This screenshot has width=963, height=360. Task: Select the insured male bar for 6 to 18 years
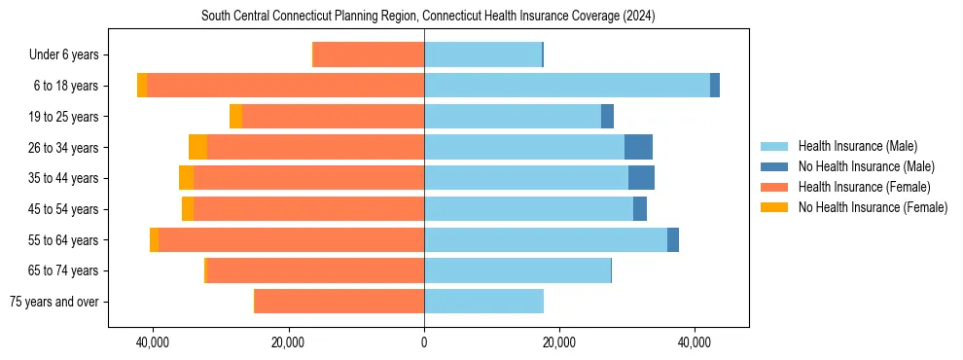pyautogui.click(x=566, y=86)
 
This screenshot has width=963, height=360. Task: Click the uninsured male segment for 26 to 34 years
pyautogui.click(x=638, y=147)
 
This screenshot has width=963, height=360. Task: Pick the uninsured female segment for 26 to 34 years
pyautogui.click(x=197, y=147)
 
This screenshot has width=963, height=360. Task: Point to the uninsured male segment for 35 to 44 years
pyautogui.click(x=641, y=178)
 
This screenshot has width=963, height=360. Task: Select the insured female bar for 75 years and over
pyautogui.click(x=339, y=302)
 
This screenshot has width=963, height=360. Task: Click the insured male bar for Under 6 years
pyautogui.click(x=482, y=54)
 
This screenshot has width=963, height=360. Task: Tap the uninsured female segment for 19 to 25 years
pyautogui.click(x=235, y=117)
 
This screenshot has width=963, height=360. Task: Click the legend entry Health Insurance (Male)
pyautogui.click(x=857, y=146)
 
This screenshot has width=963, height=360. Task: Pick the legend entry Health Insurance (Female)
pyautogui.click(x=864, y=187)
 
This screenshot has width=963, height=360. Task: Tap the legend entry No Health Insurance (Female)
pyautogui.click(x=873, y=207)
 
